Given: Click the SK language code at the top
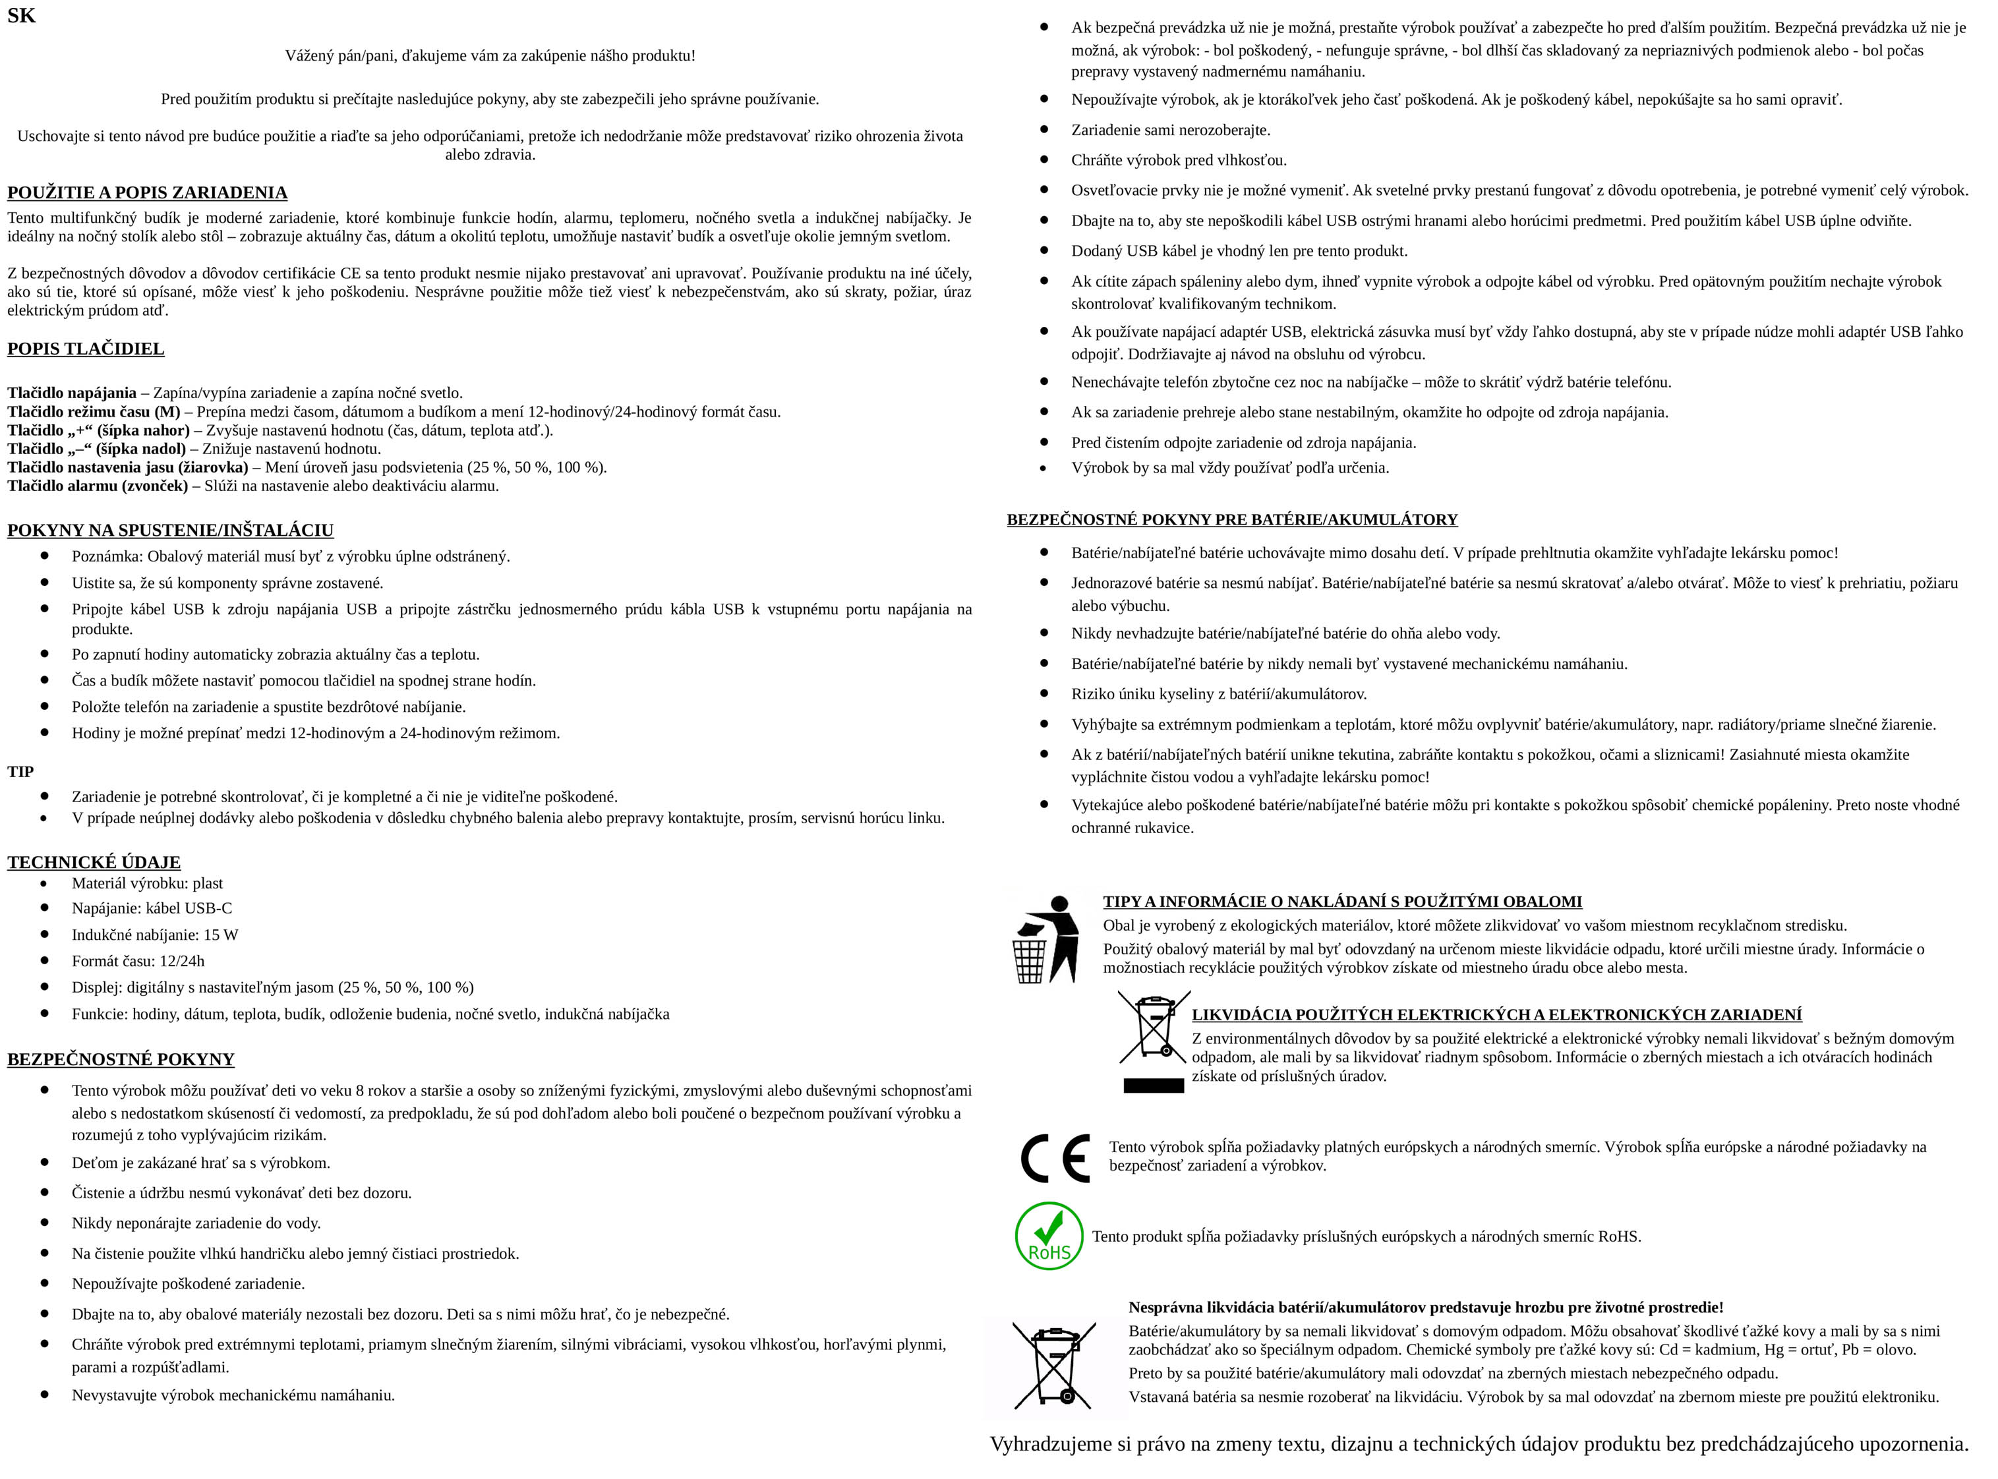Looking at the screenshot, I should pyautogui.click(x=22, y=15).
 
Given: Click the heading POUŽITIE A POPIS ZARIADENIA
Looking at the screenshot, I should pyautogui.click(x=147, y=192).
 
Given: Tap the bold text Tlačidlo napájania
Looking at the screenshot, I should pyautogui.click(x=72, y=393).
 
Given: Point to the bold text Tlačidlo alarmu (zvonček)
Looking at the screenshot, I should pyautogui.click(x=98, y=486).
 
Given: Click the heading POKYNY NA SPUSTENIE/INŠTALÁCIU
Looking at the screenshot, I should pyautogui.click(x=170, y=530).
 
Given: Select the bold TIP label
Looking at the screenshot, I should pyautogui.click(x=20, y=772).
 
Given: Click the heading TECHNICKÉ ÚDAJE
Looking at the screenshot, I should pyautogui.click(x=94, y=862).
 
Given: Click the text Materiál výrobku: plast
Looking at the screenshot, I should pyautogui.click(x=147, y=883).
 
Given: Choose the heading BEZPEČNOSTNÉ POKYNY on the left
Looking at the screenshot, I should pyautogui.click(x=121, y=1059).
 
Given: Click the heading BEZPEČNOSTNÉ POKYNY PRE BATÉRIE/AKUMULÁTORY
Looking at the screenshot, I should pyautogui.click(x=1232, y=519).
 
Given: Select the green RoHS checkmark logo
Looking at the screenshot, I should pyautogui.click(x=1048, y=1236).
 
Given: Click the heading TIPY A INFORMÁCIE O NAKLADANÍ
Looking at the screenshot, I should pyautogui.click(x=1342, y=902).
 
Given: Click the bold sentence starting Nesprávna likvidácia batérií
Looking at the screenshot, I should pyautogui.click(x=1425, y=1307).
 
